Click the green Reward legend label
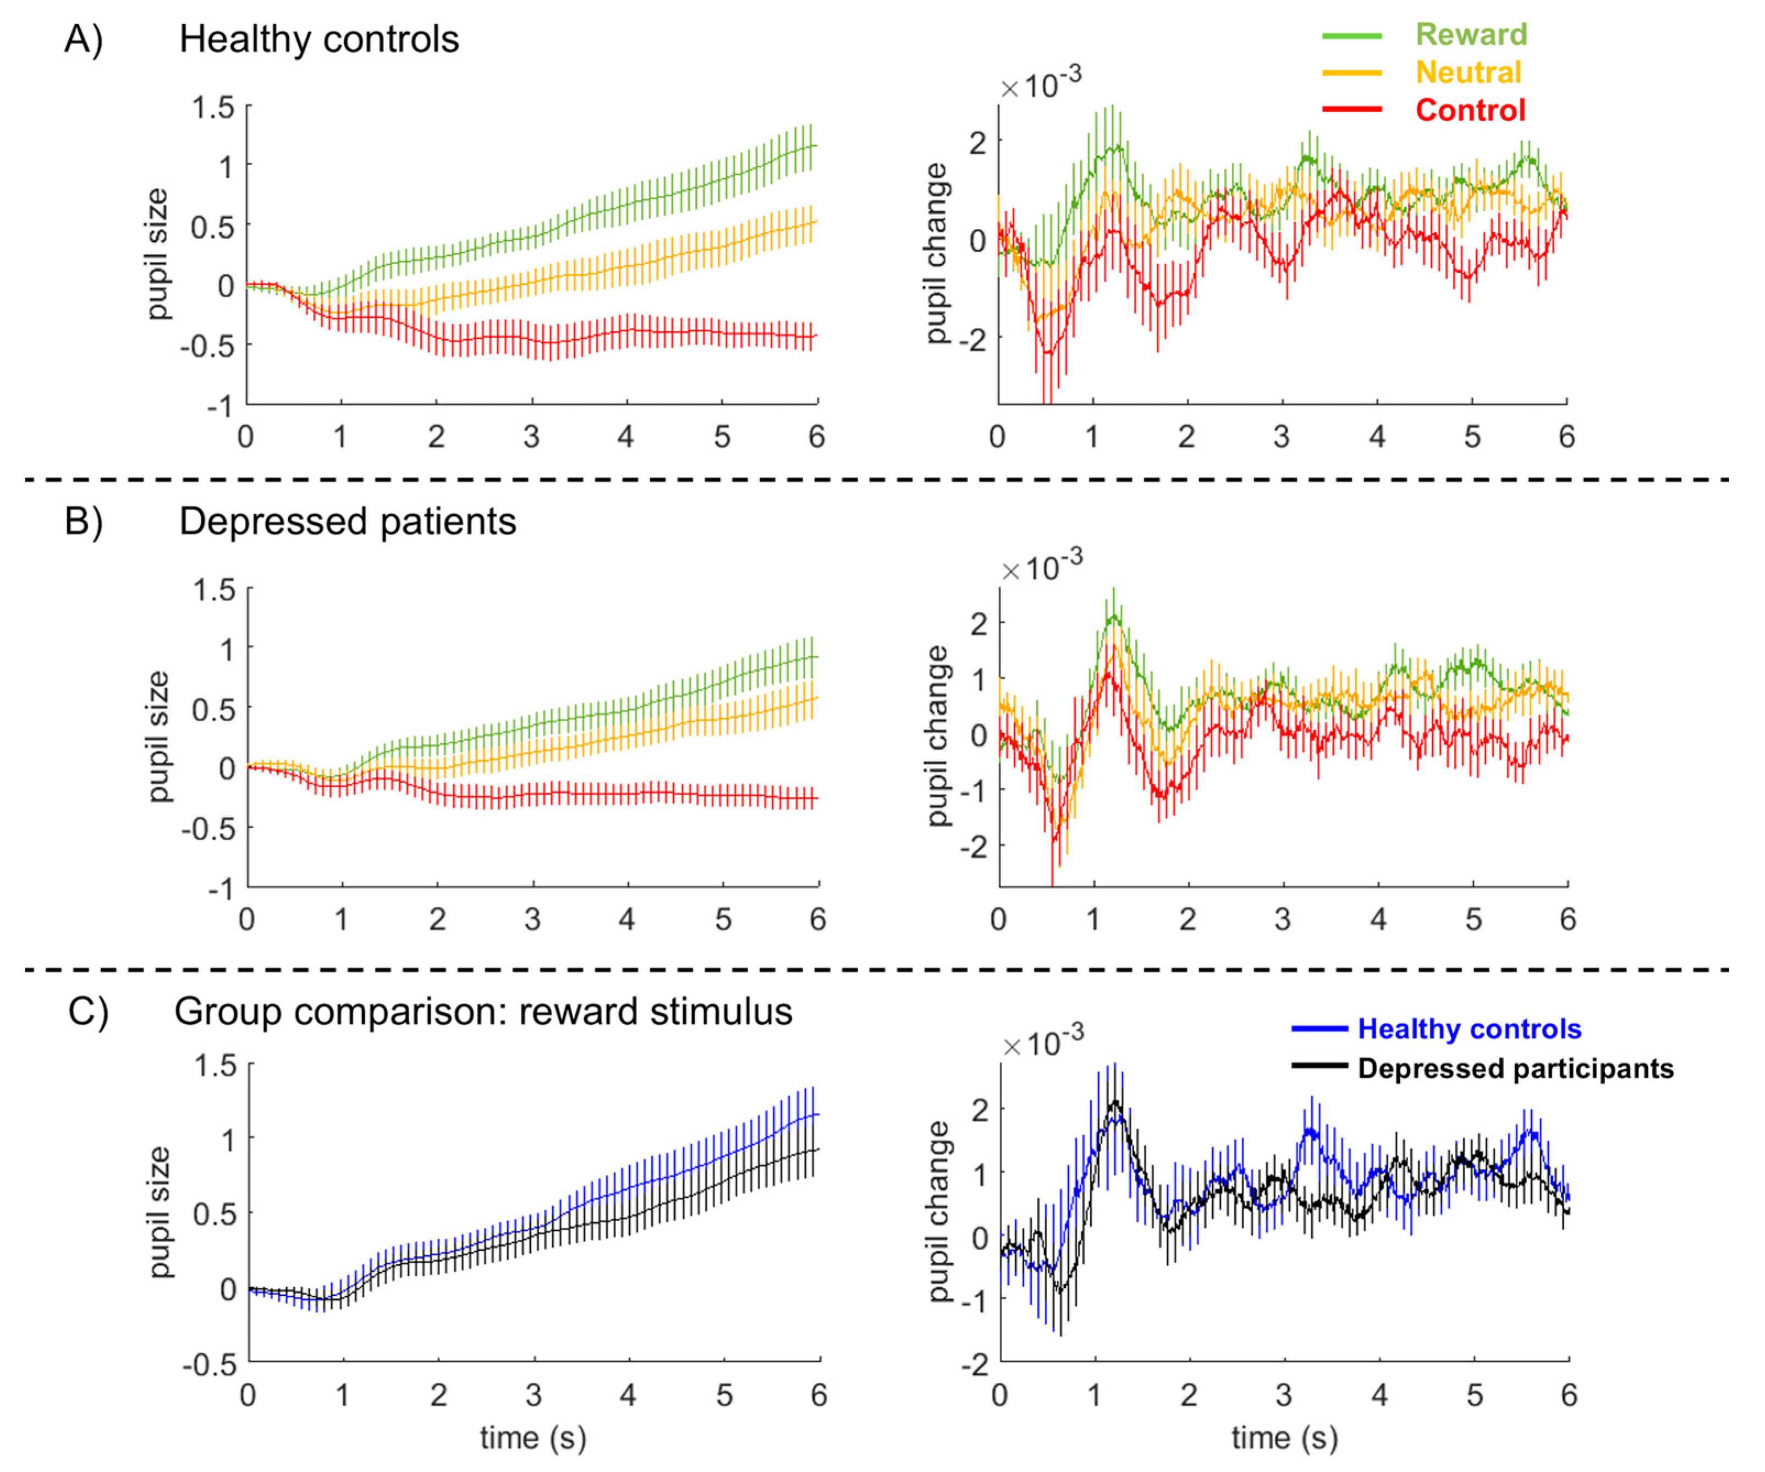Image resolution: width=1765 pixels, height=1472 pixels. coord(1471,35)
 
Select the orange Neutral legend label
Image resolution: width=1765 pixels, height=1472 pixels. coord(1469,72)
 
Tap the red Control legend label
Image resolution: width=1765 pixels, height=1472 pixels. coord(1470,110)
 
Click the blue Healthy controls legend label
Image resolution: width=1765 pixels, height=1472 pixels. coord(1469,1029)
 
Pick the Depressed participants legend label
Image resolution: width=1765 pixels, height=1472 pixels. coord(1515,1068)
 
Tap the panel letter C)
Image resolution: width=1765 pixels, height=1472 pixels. coord(87,1012)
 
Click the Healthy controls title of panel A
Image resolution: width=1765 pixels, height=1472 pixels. coord(320,40)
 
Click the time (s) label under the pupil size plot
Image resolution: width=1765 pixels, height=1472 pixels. coord(533,1438)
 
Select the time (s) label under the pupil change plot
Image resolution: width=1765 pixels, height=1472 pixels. coord(1284,1438)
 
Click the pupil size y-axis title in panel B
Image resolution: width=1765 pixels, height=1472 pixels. coord(158,737)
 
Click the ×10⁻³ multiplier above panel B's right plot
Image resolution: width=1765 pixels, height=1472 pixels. coord(1041,566)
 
